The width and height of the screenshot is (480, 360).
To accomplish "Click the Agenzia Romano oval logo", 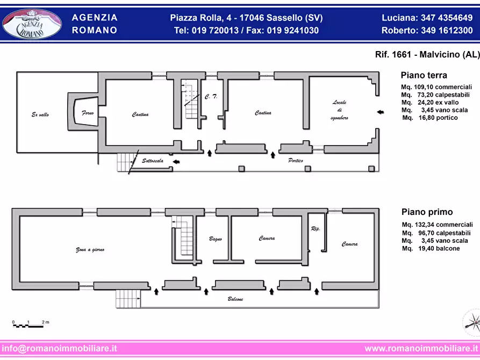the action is (32, 24).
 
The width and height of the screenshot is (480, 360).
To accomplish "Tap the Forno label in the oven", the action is (88, 113).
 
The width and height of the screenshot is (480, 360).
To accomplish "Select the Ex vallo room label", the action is (40, 114).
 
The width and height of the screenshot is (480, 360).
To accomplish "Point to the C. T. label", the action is (211, 97).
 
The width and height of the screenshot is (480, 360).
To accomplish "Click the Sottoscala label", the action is (153, 161).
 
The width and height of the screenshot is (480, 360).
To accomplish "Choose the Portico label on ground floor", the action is (296, 161).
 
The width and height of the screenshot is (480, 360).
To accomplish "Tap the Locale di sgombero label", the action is (340, 110).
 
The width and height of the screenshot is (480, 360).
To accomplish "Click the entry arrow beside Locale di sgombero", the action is (380, 112).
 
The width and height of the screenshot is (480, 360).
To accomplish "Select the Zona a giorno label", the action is (90, 250).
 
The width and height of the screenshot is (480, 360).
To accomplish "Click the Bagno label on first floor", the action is (215, 239).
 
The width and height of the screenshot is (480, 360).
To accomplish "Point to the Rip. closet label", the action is (316, 229).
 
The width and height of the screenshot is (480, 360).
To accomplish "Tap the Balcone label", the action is (235, 299).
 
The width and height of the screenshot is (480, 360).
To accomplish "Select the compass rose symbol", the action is (472, 322).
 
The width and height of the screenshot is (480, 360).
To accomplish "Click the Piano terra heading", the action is (424, 75).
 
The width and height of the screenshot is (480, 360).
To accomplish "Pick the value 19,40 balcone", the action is (439, 248).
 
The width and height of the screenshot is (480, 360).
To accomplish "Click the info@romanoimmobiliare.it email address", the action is (59, 348).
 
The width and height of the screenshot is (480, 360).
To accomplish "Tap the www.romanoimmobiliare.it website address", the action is (421, 348).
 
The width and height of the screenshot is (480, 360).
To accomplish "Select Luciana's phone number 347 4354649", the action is (447, 18).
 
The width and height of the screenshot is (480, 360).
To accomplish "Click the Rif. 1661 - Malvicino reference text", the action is (428, 54).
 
